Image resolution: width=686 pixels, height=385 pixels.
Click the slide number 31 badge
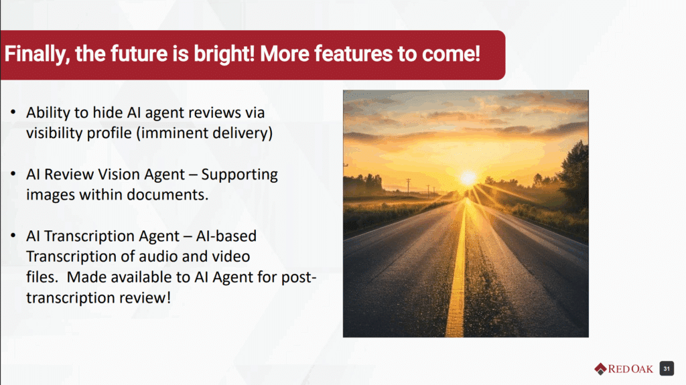[667, 368]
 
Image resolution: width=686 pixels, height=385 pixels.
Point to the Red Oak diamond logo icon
[601, 369]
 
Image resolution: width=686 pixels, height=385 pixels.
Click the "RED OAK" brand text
[630, 369]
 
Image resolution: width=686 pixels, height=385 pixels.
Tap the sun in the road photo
[468, 178]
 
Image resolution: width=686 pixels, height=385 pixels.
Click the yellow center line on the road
[458, 271]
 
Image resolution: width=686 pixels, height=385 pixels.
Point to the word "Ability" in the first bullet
[48, 113]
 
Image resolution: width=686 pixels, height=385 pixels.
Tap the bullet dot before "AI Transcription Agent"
[13, 236]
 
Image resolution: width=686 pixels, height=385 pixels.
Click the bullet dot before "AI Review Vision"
[13, 174]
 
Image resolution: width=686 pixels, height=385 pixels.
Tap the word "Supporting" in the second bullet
[239, 175]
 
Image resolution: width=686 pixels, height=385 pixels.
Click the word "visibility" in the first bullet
[54, 133]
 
